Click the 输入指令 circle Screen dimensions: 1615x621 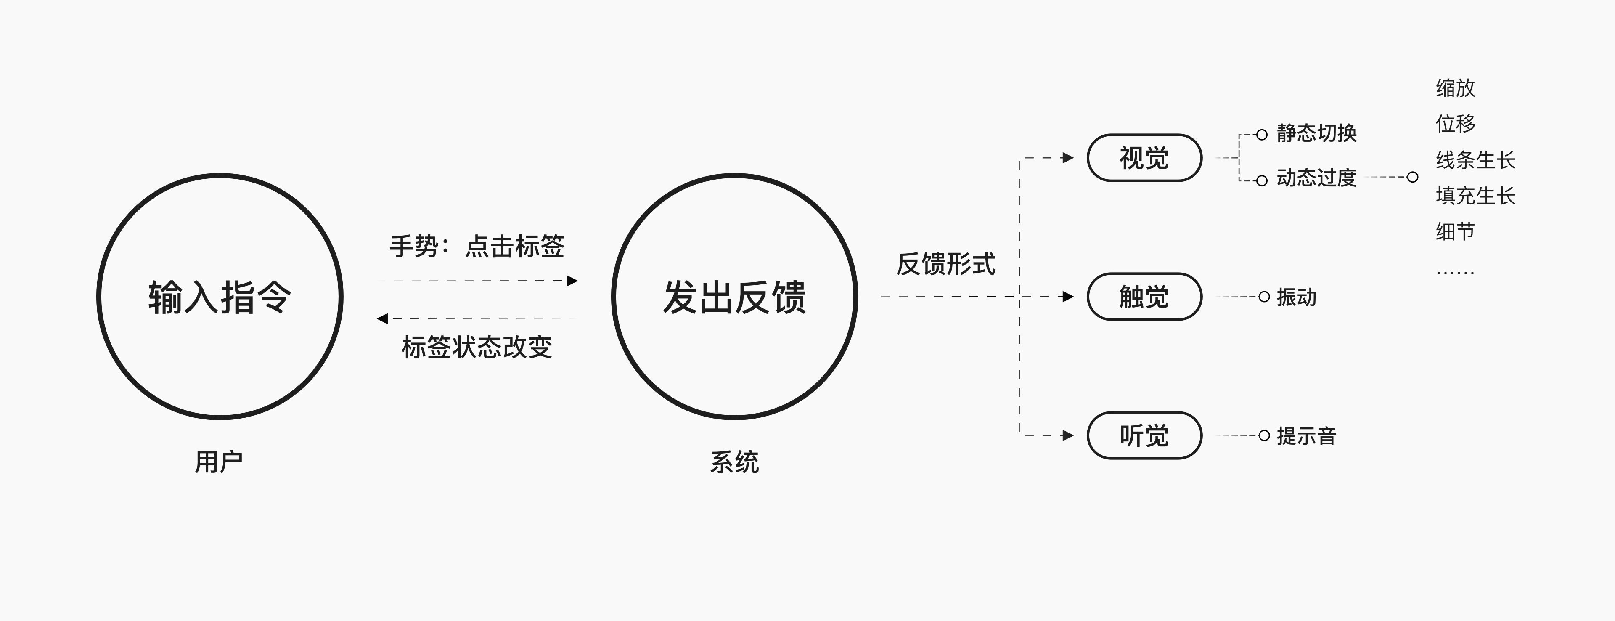point(220,296)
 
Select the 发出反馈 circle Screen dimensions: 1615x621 point(735,296)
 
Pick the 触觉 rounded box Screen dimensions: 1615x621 point(1144,297)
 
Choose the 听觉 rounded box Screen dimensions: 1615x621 point(1144,435)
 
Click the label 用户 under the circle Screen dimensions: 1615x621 point(219,462)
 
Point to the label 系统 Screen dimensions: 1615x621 point(734,462)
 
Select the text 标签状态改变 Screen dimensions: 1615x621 point(477,347)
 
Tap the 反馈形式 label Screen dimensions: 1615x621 point(945,264)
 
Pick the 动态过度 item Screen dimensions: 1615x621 point(1316,178)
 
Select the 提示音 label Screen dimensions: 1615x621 point(1307,436)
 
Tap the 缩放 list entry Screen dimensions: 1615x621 point(1455,88)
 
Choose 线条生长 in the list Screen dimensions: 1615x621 point(1475,160)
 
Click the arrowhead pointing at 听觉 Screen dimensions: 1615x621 point(1068,435)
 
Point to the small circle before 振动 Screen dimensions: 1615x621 point(1264,297)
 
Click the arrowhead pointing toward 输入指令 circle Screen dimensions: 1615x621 point(382,318)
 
